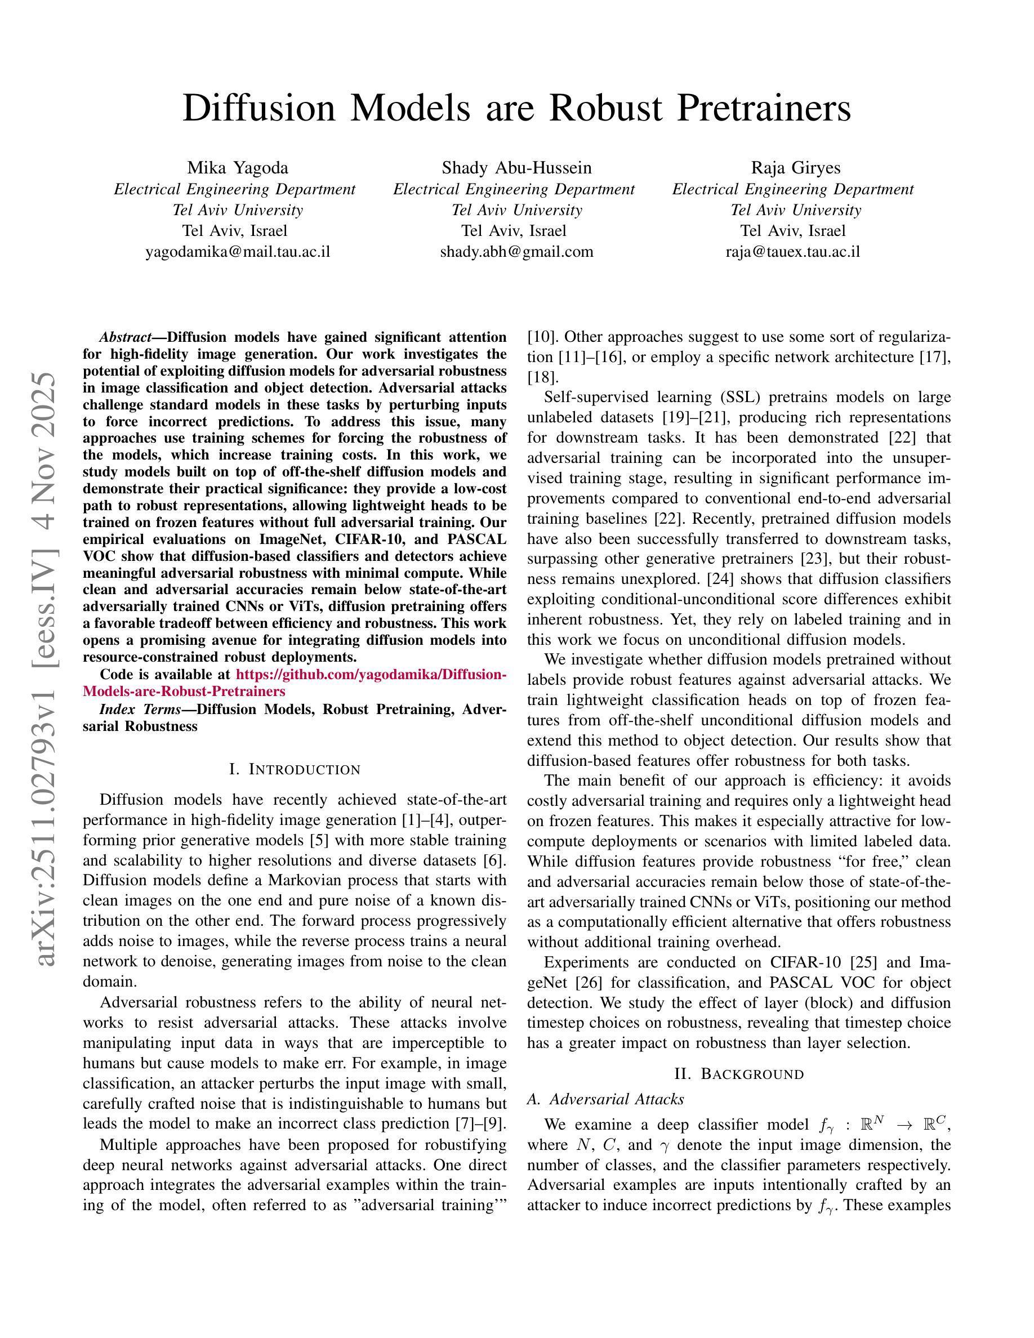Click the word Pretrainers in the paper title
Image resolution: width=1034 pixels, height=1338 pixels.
click(x=763, y=109)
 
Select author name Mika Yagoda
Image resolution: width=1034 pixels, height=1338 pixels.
click(x=238, y=168)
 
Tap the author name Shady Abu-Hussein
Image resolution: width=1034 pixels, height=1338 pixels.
click(x=516, y=168)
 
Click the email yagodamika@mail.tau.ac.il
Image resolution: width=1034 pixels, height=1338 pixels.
click(x=238, y=251)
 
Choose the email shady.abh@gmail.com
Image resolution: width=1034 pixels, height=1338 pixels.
click(x=516, y=251)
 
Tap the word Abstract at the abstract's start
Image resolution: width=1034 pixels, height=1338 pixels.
click(x=125, y=337)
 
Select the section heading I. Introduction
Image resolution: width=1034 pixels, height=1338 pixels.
click(x=295, y=769)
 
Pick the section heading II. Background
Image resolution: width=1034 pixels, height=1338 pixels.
click(x=739, y=1074)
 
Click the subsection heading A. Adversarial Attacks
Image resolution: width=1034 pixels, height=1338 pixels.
click(x=605, y=1100)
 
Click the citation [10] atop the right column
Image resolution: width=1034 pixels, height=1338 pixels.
click(x=541, y=337)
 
